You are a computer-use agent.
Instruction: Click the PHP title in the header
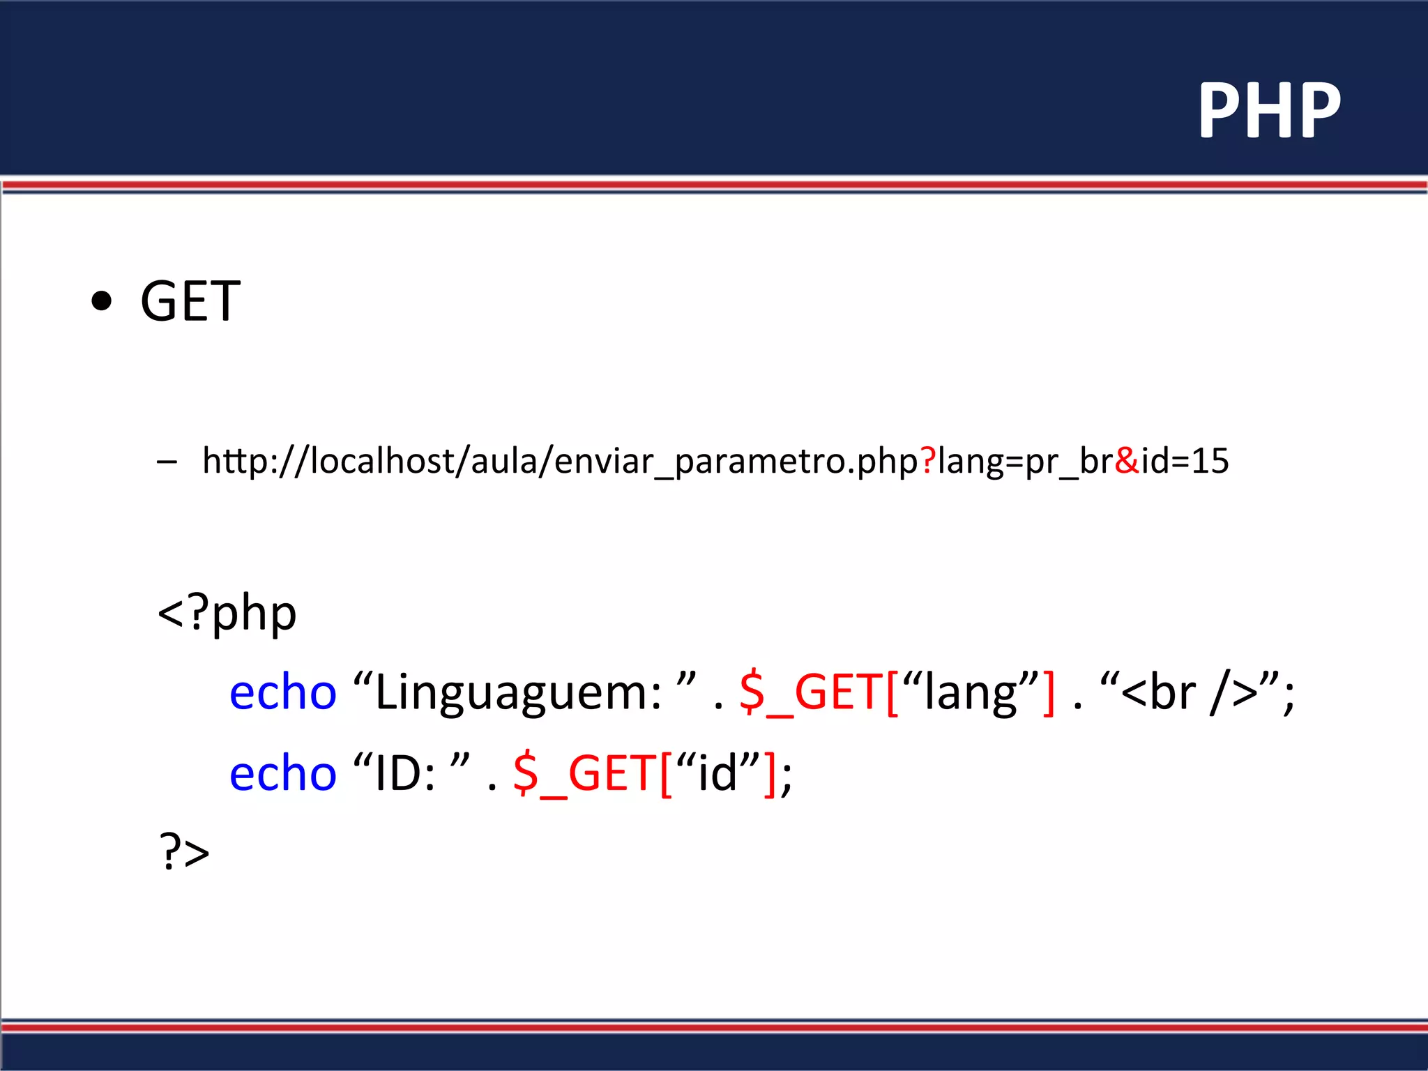tap(1269, 110)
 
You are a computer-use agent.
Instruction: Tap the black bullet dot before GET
tap(102, 301)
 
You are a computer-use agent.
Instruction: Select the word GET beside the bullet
tap(190, 301)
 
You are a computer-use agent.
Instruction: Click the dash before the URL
tap(167, 461)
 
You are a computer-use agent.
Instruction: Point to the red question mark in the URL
tap(927, 460)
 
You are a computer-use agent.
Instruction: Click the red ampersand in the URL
tap(1127, 460)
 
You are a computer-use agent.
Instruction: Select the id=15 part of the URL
tap(1185, 460)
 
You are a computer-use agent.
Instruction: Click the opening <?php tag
tap(227, 614)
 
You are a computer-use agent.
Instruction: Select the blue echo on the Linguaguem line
tap(283, 693)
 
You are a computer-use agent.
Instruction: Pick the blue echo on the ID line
tap(283, 774)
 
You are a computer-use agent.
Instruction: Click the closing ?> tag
tap(184, 852)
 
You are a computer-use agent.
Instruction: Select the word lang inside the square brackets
tap(970, 693)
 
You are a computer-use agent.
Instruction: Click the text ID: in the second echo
tap(404, 774)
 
